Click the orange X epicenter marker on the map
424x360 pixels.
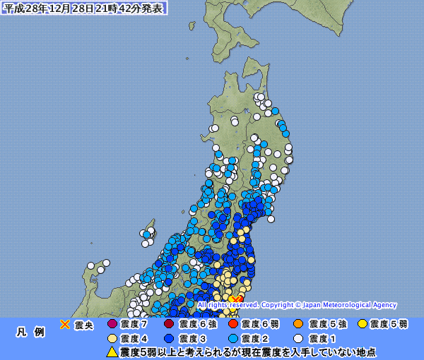click(x=235, y=299)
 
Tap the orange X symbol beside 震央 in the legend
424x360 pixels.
click(x=65, y=325)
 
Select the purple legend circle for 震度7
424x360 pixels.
click(x=112, y=325)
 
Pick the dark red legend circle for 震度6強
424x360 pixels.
click(x=168, y=325)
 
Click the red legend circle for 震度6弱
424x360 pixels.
click(x=232, y=325)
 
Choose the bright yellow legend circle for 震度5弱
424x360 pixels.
click(x=362, y=325)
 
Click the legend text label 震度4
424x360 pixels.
click(x=134, y=339)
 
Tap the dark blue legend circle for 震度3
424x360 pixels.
click(x=168, y=339)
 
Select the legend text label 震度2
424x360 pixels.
click(x=255, y=339)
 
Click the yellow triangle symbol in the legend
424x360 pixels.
click(x=112, y=352)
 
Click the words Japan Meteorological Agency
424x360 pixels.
click(x=351, y=305)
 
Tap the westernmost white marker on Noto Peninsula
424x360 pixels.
click(x=90, y=266)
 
